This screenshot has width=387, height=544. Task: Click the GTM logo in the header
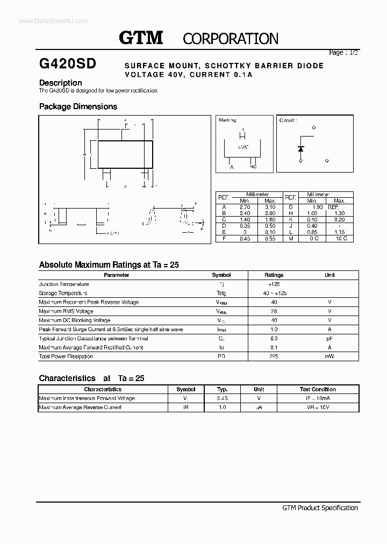(x=140, y=38)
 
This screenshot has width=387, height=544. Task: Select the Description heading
(x=61, y=83)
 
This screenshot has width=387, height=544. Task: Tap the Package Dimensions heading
(x=78, y=106)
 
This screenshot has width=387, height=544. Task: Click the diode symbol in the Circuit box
(x=301, y=148)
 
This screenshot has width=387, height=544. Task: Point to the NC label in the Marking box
(x=253, y=167)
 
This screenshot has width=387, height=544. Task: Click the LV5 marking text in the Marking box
(x=243, y=147)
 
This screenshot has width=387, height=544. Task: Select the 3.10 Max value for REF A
(x=270, y=206)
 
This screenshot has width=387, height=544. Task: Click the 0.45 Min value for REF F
(x=245, y=239)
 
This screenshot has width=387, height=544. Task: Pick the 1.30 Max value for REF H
(x=339, y=213)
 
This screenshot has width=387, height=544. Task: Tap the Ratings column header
(x=274, y=275)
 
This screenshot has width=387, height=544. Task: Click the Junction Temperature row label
(x=64, y=284)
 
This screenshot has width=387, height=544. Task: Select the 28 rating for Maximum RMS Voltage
(x=274, y=311)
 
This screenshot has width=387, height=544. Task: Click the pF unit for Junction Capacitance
(x=329, y=339)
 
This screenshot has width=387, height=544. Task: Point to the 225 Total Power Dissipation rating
(x=274, y=356)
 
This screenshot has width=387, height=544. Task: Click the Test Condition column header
(x=317, y=389)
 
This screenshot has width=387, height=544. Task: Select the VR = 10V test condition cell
(x=317, y=407)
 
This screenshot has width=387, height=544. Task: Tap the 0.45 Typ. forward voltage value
(x=222, y=398)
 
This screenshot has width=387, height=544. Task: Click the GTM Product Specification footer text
(x=320, y=508)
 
